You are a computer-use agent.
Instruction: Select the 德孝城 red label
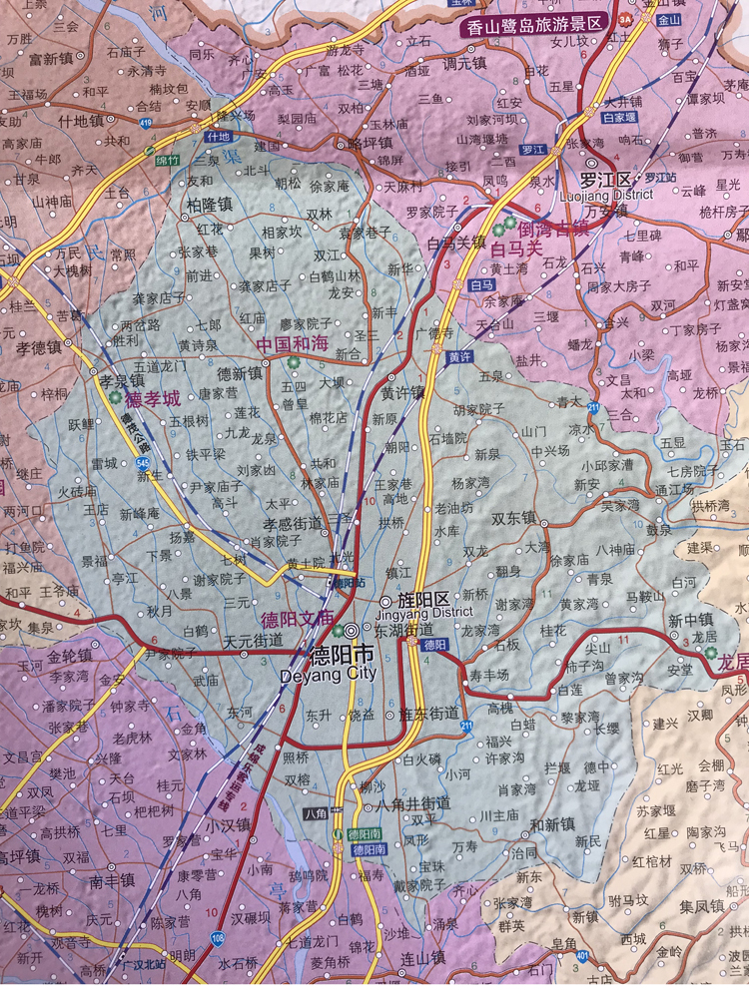(x=153, y=398)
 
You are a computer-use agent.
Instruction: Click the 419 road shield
(x=147, y=123)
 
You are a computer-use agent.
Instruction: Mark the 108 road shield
(x=217, y=938)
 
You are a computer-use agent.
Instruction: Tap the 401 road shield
(x=580, y=956)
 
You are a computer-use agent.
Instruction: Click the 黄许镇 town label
(x=400, y=392)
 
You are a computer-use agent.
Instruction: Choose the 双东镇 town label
(x=513, y=518)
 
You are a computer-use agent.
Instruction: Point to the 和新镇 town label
(x=551, y=824)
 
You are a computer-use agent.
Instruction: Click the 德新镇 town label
(x=240, y=373)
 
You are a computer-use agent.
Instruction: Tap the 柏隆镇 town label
(x=209, y=204)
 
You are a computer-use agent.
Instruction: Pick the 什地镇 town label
(x=81, y=121)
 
